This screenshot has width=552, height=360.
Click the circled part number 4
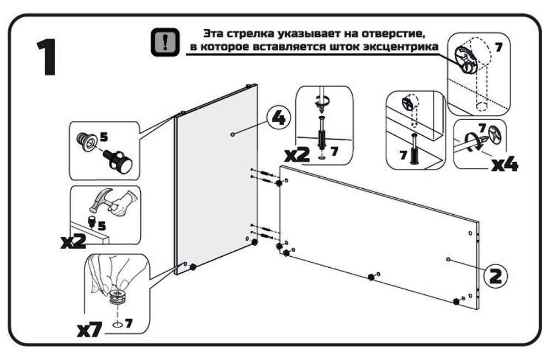pyautogui.click(x=278, y=118)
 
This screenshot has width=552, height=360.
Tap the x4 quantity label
pyautogui.click(x=503, y=163)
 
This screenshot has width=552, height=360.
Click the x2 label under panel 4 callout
pyautogui.click(x=298, y=155)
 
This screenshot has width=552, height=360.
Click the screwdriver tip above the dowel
pyautogui.click(x=320, y=109)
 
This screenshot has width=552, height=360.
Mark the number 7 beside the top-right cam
pyautogui.click(x=498, y=47)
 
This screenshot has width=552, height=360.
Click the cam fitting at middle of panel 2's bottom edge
pyautogui.click(x=370, y=276)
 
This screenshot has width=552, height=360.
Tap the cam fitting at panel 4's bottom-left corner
pyautogui.click(x=194, y=267)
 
